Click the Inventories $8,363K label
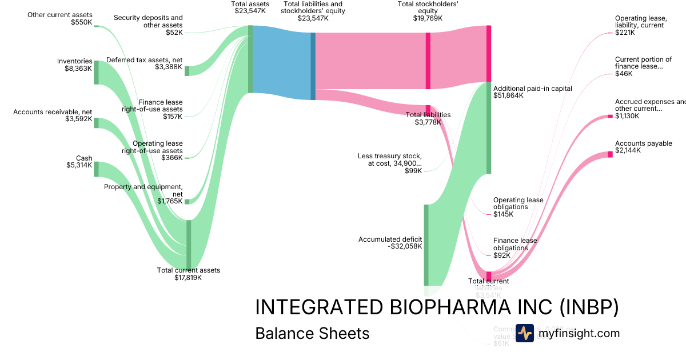75,65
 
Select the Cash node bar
96,169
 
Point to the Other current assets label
59,18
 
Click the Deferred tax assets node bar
187,70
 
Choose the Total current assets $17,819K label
188,274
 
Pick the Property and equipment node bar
187,201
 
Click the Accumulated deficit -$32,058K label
390,243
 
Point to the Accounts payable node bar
610,154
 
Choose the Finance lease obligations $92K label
514,248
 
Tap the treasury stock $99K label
390,163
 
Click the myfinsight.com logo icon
524,333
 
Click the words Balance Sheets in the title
312,333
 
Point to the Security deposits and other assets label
148,25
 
